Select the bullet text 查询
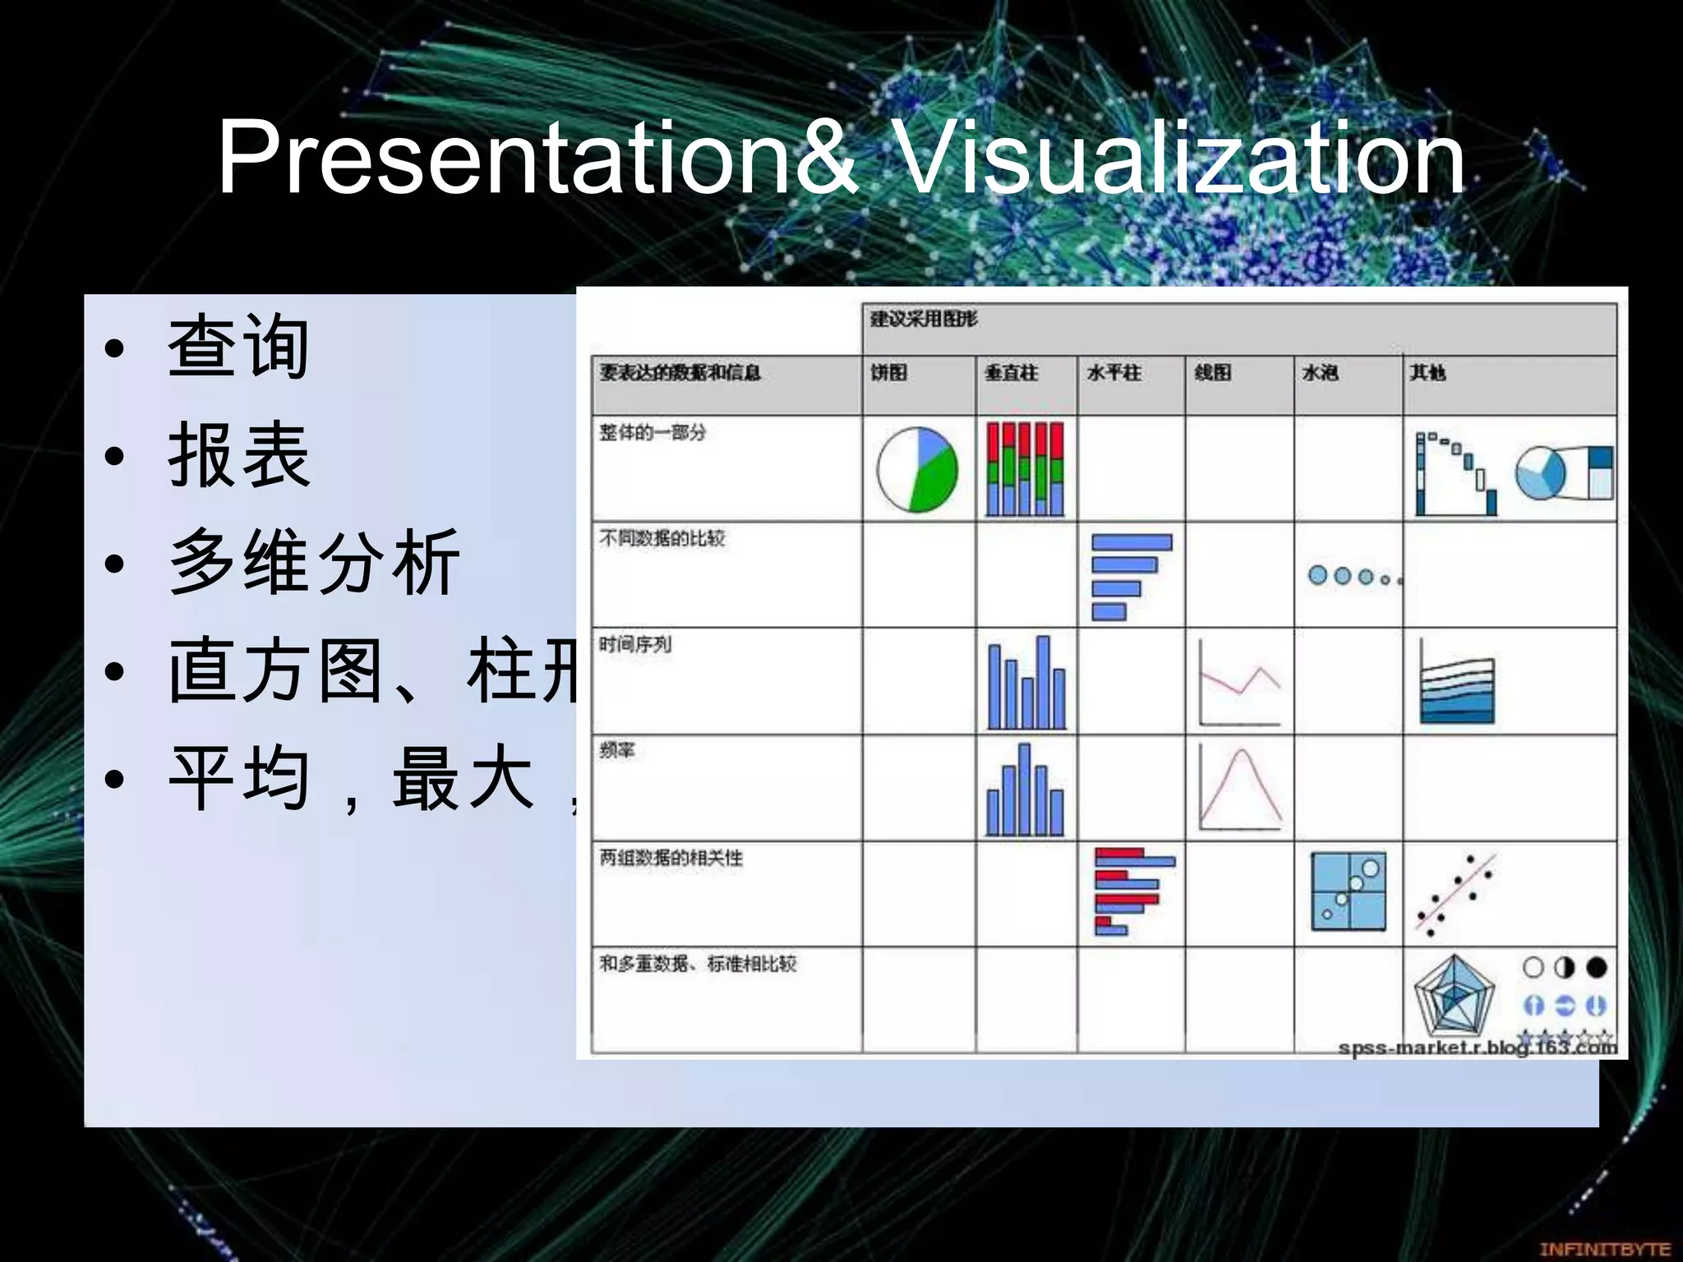238,347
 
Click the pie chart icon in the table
917,469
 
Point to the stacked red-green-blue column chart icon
1025,469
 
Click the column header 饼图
889,373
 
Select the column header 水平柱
1114,373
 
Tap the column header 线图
1213,373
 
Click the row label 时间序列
635,644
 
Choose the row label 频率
617,750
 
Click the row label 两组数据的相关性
671,858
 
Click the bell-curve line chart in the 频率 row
1240,789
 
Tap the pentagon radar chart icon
1454,996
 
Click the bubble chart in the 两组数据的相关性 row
1348,891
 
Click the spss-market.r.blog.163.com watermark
1477,1048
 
